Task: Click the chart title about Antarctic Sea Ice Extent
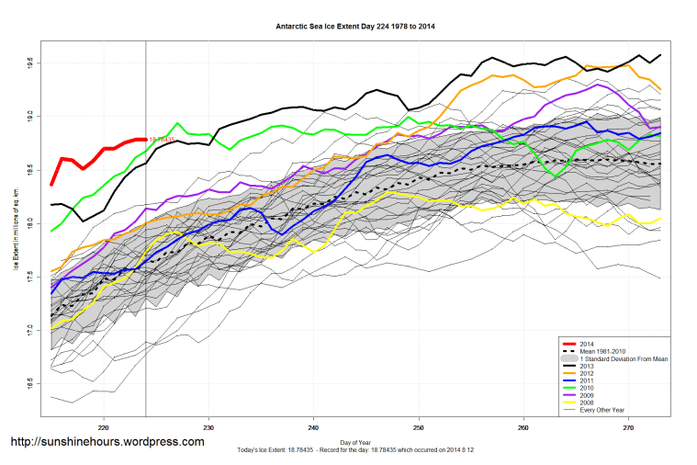click(355, 26)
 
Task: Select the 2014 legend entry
click(581, 343)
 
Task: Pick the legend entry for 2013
click(581, 367)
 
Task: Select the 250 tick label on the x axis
click(419, 426)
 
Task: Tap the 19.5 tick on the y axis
click(29, 63)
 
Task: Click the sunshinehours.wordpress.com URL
click(107, 442)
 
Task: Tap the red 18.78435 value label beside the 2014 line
click(162, 139)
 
